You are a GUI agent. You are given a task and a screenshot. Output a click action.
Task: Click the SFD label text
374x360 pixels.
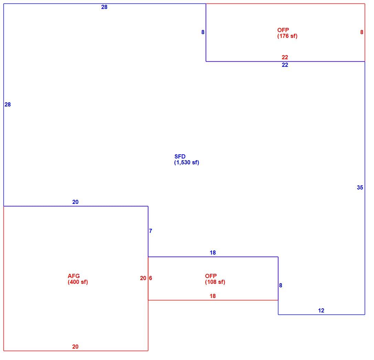coord(180,156)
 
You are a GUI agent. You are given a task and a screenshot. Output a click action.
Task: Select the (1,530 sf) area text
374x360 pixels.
coord(186,163)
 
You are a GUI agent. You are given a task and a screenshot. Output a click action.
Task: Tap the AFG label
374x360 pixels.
coord(74,276)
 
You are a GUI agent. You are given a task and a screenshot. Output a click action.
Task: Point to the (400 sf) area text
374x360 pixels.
coord(78,282)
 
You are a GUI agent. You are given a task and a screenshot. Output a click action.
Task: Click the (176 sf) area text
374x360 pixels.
coord(287,36)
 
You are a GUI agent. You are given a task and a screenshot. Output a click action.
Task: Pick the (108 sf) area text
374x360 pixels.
coord(215,282)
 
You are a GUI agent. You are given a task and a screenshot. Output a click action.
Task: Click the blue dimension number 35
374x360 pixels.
coord(360,187)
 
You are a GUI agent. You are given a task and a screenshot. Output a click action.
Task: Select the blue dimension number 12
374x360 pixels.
coord(321,310)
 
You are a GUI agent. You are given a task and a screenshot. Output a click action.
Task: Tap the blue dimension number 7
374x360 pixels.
coord(150,231)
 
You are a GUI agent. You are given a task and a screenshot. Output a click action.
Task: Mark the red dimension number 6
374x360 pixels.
coord(150,278)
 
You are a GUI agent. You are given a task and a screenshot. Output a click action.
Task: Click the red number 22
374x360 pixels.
coord(285,57)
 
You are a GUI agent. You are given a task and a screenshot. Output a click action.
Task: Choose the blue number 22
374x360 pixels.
coord(285,65)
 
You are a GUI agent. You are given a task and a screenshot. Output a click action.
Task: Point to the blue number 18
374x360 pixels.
coord(213,253)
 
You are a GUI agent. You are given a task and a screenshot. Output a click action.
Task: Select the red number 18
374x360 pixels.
coord(213,296)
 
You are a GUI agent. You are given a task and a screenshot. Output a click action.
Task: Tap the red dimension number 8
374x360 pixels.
coord(362,32)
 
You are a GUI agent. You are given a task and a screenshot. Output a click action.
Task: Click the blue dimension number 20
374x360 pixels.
coord(75,202)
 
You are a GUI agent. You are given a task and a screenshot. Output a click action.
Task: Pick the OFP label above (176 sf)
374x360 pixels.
coord(283,30)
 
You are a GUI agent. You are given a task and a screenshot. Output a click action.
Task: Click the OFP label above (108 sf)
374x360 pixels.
coord(211,276)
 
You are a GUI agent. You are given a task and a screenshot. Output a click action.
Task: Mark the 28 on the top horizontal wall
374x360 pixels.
coord(104,7)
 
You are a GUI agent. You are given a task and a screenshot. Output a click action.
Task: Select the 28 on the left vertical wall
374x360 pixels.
coord(8,104)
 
